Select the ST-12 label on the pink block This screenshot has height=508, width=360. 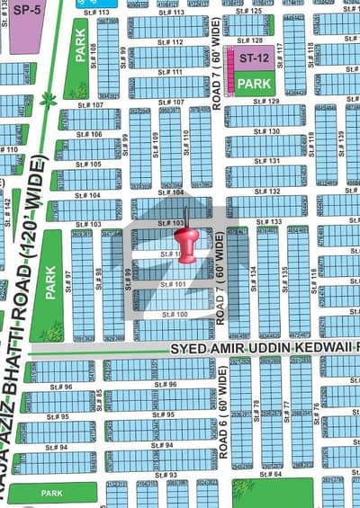[x=253, y=58]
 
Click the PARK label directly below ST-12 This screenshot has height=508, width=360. [x=256, y=83]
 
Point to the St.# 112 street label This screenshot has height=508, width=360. [x=171, y=42]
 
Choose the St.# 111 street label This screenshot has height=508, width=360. [x=171, y=72]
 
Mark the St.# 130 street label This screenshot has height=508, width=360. [x=267, y=132]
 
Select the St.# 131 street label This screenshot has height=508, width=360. [x=267, y=162]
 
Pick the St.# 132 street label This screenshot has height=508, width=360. [x=267, y=192]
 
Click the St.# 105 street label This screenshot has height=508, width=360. [x=87, y=165]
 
